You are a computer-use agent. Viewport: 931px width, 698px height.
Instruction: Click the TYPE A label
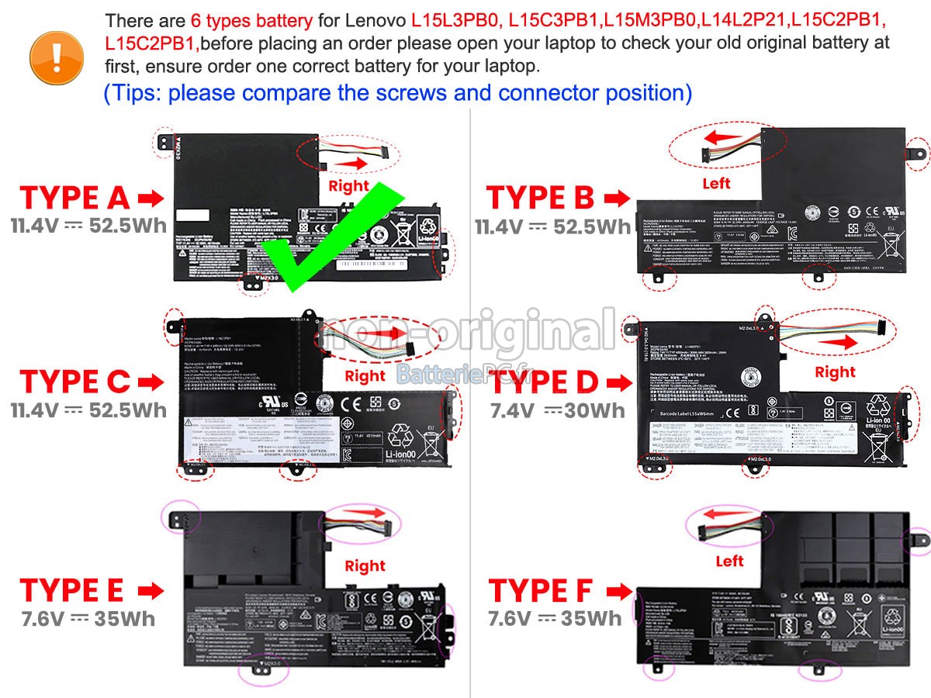[74, 199]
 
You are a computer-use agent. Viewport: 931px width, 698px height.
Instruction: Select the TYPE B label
[540, 199]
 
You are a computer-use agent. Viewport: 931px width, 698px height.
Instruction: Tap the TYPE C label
[74, 382]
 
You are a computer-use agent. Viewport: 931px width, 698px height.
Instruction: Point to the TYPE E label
[72, 591]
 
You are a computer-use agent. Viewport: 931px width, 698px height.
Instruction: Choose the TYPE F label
[541, 591]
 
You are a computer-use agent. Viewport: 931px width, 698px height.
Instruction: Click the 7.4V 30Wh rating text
[556, 410]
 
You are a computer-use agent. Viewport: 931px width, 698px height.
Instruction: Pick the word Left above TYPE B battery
[716, 184]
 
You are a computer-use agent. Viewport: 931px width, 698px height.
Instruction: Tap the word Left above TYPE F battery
[729, 561]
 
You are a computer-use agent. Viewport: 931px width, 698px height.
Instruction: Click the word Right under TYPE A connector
[349, 186]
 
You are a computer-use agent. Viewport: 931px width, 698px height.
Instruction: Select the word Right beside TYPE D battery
[835, 372]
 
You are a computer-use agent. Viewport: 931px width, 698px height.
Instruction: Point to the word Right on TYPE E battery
[365, 566]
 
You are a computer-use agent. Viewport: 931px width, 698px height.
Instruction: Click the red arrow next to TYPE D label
[618, 382]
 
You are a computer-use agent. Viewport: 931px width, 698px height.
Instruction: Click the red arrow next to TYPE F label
[618, 592]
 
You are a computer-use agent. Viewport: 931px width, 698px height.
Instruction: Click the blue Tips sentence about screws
[397, 93]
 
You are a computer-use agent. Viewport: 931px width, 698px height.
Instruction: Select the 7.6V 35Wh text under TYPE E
[88, 618]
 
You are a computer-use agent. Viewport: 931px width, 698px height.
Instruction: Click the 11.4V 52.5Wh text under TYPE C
[88, 409]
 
